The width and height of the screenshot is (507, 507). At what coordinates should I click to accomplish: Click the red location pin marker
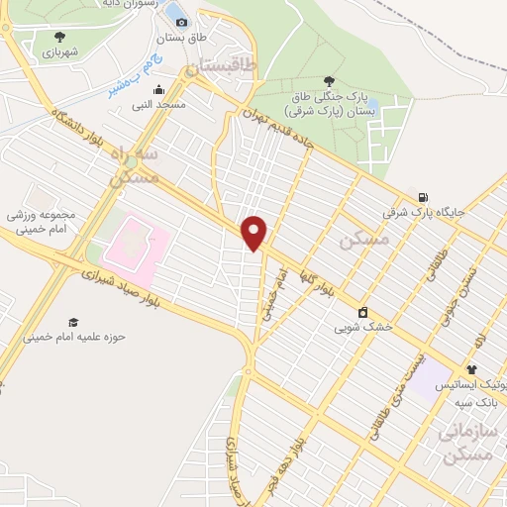[255, 233]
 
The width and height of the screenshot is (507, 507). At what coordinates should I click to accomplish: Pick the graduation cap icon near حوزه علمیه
[73, 322]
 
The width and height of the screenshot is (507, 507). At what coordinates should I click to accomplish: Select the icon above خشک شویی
[362, 310]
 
